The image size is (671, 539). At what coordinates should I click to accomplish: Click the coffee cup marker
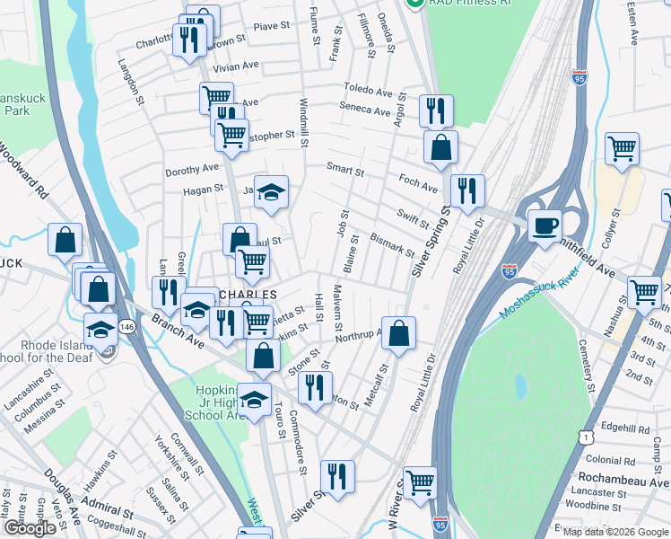[544, 226]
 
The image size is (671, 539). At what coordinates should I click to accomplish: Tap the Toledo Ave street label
[368, 91]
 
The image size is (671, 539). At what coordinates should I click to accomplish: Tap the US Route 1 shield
[586, 437]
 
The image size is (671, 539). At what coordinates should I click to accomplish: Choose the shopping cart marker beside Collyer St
[621, 149]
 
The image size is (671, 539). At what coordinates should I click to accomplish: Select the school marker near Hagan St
[271, 192]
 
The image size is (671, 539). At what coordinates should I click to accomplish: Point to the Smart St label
[345, 170]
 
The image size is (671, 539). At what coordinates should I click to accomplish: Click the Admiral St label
[111, 515]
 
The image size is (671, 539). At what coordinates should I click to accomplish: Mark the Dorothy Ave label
[191, 169]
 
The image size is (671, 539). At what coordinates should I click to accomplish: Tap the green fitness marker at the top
[414, 4]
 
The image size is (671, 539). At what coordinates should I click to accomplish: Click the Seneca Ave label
[364, 110]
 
